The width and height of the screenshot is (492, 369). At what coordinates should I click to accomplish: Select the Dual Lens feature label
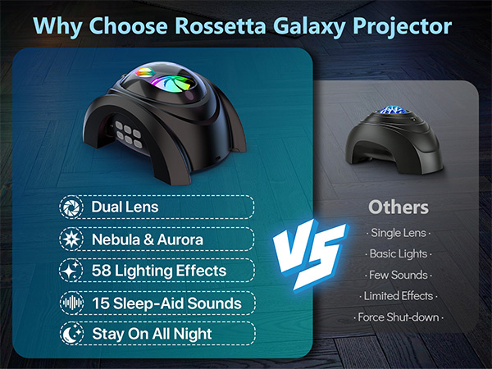(125, 207)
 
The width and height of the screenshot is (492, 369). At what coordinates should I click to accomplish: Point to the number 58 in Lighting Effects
(102, 270)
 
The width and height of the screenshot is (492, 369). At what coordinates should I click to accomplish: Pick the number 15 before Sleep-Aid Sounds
(101, 303)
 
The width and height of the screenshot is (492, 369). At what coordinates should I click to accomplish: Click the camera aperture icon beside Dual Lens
(71, 207)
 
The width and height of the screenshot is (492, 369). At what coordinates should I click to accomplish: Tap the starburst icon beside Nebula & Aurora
(71, 239)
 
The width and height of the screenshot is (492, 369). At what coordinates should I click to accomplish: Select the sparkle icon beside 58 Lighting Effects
(71, 270)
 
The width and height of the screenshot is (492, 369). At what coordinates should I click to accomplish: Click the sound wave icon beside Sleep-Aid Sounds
(71, 303)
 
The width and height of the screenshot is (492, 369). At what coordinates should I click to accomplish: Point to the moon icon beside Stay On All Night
(71, 334)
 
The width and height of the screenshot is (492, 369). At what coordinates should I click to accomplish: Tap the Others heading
(398, 207)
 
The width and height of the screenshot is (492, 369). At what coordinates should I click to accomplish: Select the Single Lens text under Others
(398, 234)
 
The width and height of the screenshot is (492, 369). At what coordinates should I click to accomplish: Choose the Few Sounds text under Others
(398, 275)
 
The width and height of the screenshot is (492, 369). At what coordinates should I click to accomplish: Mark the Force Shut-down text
(398, 317)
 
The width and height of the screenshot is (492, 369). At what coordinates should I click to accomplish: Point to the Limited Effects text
(398, 295)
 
